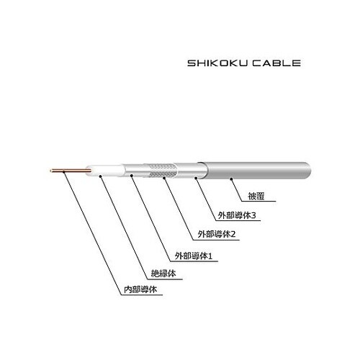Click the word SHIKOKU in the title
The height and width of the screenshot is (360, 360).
[217, 63]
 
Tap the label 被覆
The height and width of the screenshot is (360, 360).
[256, 197]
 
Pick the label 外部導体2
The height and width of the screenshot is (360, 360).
[217, 234]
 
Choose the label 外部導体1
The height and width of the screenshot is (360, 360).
[194, 256]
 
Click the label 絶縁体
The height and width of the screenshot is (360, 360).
[163, 274]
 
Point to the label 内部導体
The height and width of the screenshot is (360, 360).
[140, 289]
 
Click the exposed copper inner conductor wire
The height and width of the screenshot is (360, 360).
[71, 171]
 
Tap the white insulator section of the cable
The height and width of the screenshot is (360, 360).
[105, 171]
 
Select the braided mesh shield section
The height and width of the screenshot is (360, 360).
[161, 171]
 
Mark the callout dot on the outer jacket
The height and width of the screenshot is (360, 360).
[231, 179]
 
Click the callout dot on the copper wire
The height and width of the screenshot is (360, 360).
[63, 171]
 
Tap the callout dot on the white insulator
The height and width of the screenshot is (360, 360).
[100, 176]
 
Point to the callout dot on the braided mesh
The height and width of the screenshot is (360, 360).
[164, 178]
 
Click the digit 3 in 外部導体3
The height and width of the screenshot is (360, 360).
[253, 215]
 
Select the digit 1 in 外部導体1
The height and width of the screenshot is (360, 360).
[210, 256]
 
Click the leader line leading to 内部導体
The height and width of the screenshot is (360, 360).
[93, 233]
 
